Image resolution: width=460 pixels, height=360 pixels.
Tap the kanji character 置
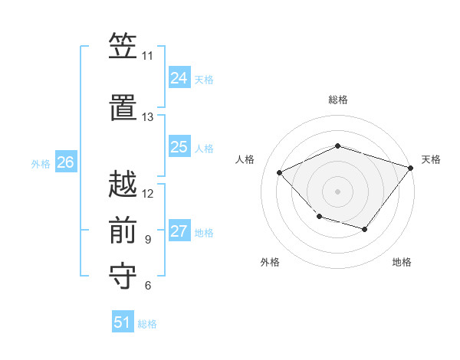click(x=123, y=107)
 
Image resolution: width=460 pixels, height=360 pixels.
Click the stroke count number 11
click(x=147, y=56)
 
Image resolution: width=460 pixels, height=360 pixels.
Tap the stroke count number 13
click(x=147, y=117)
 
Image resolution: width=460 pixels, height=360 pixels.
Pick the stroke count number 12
click(x=148, y=193)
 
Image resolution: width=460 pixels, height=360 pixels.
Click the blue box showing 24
click(x=179, y=78)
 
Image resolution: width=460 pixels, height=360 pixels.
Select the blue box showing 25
click(x=179, y=147)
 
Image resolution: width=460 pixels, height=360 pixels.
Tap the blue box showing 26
click(x=65, y=162)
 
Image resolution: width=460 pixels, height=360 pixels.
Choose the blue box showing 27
click(x=179, y=231)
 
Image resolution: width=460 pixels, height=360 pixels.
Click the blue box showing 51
click(x=123, y=322)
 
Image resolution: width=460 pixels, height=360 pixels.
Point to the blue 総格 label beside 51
click(x=147, y=324)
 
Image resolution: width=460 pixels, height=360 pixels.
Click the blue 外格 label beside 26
click(x=41, y=163)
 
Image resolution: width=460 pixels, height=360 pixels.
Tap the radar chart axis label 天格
click(x=431, y=159)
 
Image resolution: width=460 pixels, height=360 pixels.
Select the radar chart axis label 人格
click(x=245, y=159)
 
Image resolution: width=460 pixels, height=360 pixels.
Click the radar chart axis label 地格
click(x=402, y=263)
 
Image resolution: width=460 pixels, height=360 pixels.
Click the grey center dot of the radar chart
click(x=337, y=191)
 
